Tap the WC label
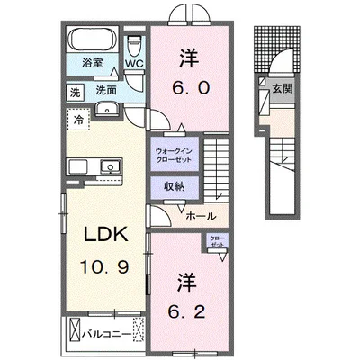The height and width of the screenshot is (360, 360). [x=136, y=65]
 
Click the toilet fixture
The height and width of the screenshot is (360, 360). [x=135, y=45]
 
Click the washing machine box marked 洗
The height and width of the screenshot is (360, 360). [x=75, y=91]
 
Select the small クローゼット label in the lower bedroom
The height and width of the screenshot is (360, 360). [x=217, y=240]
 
